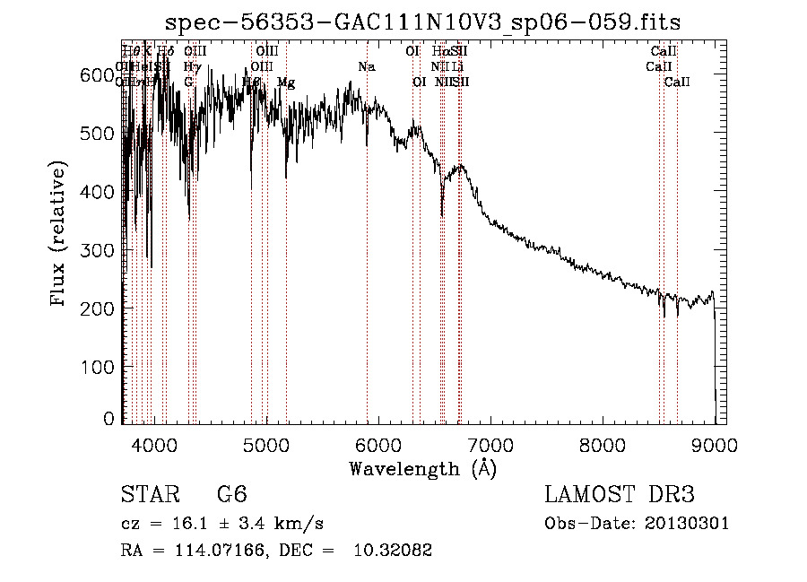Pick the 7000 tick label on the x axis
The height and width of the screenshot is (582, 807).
(490, 444)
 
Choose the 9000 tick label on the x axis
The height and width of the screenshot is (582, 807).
(715, 444)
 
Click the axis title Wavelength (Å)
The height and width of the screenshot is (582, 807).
(422, 468)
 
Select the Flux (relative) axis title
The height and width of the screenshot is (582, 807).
(59, 235)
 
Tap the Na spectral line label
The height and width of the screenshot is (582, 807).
(366, 67)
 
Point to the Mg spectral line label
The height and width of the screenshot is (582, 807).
(286, 83)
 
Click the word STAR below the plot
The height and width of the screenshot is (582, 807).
(149, 495)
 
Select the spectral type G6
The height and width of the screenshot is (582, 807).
(231, 495)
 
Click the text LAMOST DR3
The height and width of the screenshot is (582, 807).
(620, 495)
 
